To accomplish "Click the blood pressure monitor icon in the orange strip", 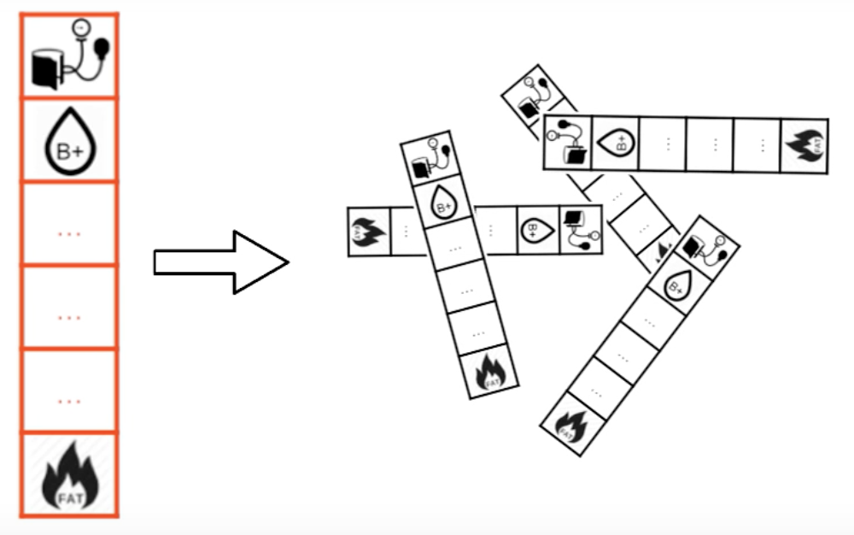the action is [68, 56].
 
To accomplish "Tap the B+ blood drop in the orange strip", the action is [68, 142].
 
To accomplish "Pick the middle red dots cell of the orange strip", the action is [68, 315].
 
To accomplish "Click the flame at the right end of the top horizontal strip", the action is [804, 146].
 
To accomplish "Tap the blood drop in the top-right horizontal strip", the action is [616, 141].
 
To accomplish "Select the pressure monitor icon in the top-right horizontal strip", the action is [568, 139].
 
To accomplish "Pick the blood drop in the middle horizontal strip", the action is [537, 230].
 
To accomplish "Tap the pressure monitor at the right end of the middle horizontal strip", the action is [581, 229].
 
